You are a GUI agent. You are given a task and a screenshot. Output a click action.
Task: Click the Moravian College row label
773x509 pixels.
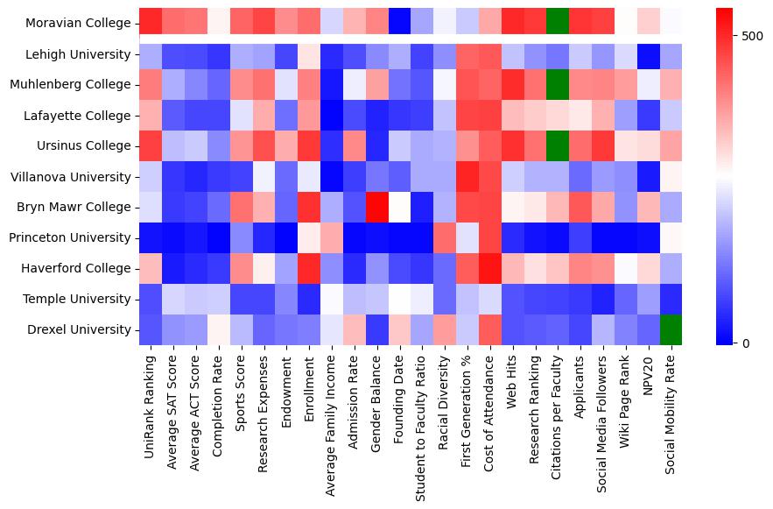coord(77,24)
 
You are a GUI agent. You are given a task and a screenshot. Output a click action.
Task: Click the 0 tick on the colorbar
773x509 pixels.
coord(746,343)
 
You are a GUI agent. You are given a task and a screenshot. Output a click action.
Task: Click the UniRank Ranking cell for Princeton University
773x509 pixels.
coord(151,238)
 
